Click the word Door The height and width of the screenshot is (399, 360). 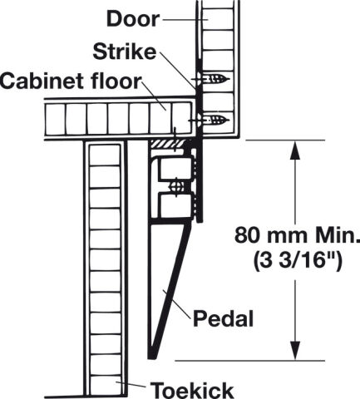click(133, 18)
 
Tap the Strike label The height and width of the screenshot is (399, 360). click(125, 52)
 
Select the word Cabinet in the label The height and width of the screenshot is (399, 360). click(42, 81)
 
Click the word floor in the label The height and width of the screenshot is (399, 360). click(115, 81)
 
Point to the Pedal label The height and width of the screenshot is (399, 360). click(224, 318)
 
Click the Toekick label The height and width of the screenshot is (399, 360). click(192, 390)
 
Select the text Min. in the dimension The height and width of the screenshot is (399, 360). click(338, 235)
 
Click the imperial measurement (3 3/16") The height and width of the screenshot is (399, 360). click(298, 261)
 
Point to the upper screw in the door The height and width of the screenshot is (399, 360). click(213, 80)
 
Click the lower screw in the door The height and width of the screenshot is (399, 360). click(210, 121)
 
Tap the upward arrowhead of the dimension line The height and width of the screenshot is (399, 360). click(295, 150)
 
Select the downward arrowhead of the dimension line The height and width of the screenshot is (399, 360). click(295, 351)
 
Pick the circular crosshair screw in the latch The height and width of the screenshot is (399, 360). click(177, 186)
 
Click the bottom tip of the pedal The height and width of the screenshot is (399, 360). click(152, 357)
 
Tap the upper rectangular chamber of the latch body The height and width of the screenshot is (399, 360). click(176, 169)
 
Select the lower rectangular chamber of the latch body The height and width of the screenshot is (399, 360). click(176, 205)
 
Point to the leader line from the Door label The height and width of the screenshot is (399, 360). click(185, 19)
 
